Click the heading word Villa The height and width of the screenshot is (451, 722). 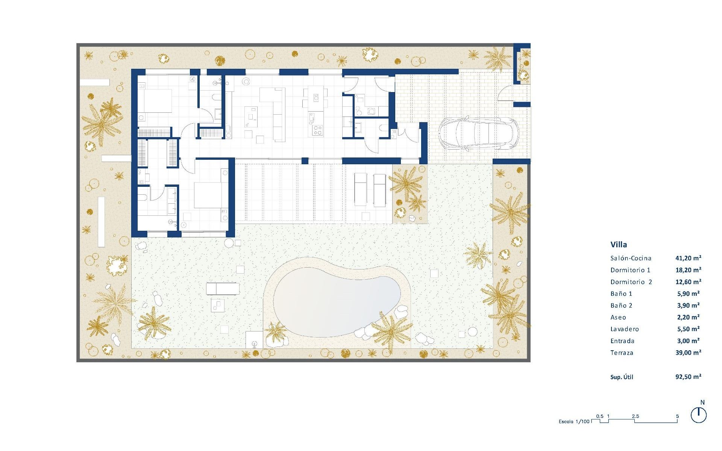619,245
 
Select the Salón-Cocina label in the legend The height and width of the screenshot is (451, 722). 631,258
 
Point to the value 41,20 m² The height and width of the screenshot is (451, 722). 688,258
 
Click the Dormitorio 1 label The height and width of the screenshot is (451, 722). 630,270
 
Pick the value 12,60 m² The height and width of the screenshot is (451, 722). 688,282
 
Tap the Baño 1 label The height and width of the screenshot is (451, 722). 621,294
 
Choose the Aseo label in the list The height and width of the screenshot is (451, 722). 618,318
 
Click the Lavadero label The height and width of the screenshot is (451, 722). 625,329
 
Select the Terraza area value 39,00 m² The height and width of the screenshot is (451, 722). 688,353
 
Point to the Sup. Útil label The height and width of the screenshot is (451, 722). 622,377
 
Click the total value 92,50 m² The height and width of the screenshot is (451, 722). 688,377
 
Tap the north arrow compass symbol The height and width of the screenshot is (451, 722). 698,415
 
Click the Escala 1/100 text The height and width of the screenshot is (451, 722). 574,421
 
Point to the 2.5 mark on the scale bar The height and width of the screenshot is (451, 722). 635,416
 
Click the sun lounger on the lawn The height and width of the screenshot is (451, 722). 223,289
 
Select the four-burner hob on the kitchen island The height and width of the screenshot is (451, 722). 317,130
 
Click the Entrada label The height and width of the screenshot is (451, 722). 622,341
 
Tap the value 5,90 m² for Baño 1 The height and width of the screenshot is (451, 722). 688,294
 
